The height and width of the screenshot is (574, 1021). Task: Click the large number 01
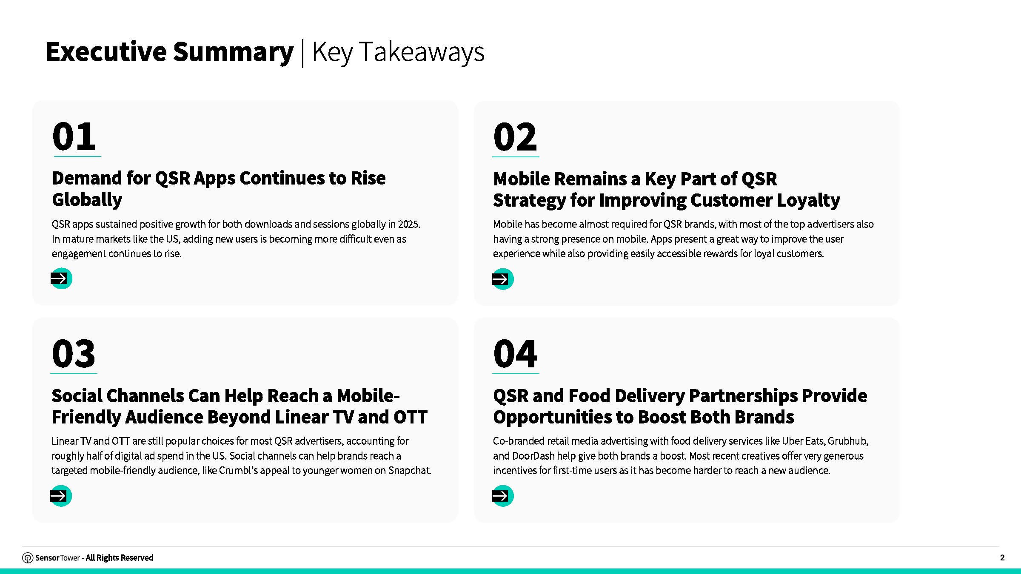point(74,136)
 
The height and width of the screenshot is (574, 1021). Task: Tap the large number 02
point(515,137)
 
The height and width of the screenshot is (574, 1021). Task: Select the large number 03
point(74,354)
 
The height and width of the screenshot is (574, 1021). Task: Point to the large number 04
point(515,354)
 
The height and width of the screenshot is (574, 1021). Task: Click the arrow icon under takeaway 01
point(61,278)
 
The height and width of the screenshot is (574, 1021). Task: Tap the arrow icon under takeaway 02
point(503,279)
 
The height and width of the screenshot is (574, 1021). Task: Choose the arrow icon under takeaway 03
point(61,496)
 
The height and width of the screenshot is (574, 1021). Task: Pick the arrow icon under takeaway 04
point(503,496)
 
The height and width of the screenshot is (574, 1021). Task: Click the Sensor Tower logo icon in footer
point(28,558)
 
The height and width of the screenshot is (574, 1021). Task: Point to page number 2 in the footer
point(1002,558)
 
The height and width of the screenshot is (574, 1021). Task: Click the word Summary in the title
point(233,52)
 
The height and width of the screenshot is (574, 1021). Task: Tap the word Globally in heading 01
point(87,200)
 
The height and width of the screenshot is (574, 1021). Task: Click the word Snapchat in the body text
point(410,471)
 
